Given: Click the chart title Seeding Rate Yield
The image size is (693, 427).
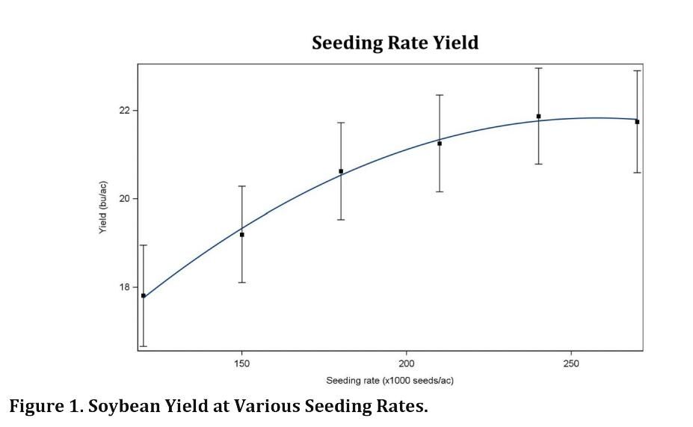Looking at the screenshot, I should point(395,43).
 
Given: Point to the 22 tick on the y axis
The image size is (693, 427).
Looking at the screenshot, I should point(124,111).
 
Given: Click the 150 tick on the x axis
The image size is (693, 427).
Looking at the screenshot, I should point(241,363).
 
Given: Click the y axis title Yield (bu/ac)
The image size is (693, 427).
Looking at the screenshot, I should point(103,208).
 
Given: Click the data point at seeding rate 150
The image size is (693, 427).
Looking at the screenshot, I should point(241,235).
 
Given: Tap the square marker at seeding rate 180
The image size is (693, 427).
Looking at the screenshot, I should point(341,171).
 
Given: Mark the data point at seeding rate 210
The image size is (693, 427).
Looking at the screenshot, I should point(440,144).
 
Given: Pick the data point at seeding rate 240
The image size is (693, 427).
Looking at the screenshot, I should point(538,117).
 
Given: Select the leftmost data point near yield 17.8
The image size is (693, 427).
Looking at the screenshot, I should point(144,296).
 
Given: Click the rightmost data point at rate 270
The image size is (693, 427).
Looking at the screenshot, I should point(637,122).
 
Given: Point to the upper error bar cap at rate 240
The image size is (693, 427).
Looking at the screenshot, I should point(538,68).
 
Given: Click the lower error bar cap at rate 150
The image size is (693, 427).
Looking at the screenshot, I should point(241,283).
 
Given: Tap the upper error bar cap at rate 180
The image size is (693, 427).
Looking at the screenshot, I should point(341,123).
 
